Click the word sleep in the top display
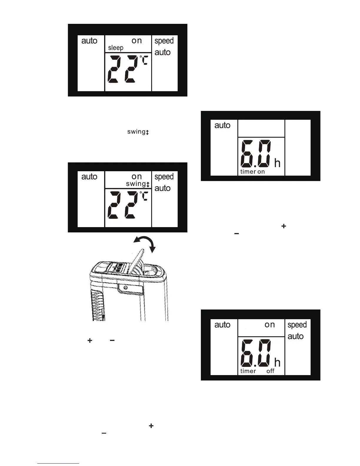coord(116,48)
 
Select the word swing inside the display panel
coord(136,184)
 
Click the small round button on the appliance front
coord(126,287)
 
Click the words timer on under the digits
coord(252,172)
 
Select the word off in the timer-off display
coord(270,371)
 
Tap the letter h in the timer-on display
coord(277,163)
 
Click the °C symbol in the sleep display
coord(144,60)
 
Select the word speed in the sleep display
coord(164,41)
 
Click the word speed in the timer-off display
coord(297,325)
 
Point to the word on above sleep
coord(137,41)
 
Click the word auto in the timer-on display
coord(222,125)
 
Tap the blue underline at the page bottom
coord(58,464)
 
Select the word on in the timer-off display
coord(270,324)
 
